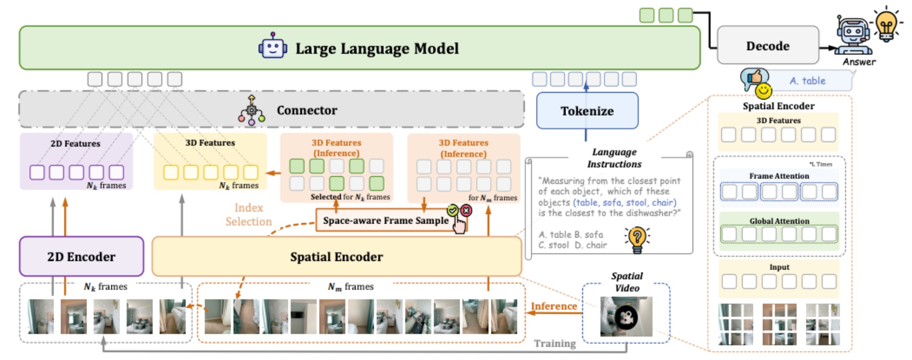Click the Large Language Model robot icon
tap(273, 47)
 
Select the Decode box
tap(767, 46)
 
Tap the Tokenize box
tap(587, 111)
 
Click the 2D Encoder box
tap(81, 256)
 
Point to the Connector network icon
tap(251, 110)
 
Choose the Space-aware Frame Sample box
tap(385, 220)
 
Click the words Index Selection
tap(248, 215)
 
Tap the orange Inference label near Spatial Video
tap(554, 306)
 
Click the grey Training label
tap(555, 343)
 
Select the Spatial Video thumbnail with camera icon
tap(626, 317)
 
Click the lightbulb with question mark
tap(637, 238)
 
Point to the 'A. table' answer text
tap(807, 81)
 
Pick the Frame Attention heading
tap(779, 176)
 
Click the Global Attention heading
tap(779, 221)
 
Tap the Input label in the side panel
tap(779, 267)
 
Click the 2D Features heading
tap(75, 144)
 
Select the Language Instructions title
tap(614, 158)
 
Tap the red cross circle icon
tap(466, 210)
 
